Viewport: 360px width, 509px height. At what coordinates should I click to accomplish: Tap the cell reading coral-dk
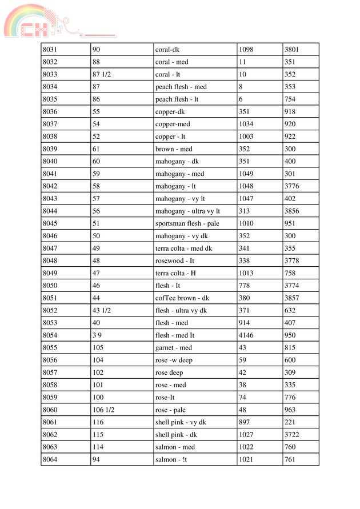coord(167,50)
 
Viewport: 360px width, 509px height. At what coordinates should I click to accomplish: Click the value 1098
coord(246,50)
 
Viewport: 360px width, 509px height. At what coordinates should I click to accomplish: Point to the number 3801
coord(292,50)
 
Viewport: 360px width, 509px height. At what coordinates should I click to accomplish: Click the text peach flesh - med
coord(181,87)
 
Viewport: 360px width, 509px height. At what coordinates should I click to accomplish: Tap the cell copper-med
coord(173,124)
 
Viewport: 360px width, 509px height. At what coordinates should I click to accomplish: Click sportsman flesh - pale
coord(187,223)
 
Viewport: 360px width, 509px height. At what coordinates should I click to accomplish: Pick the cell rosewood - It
coord(175,261)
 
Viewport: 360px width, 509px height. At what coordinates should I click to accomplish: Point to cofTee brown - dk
coord(182,298)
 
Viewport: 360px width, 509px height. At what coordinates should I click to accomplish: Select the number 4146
coord(246,335)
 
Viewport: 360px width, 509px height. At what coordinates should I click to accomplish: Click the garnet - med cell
coord(174,348)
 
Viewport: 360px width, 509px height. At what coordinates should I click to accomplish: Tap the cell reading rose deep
coord(169,372)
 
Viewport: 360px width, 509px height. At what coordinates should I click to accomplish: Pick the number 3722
coord(292,435)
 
